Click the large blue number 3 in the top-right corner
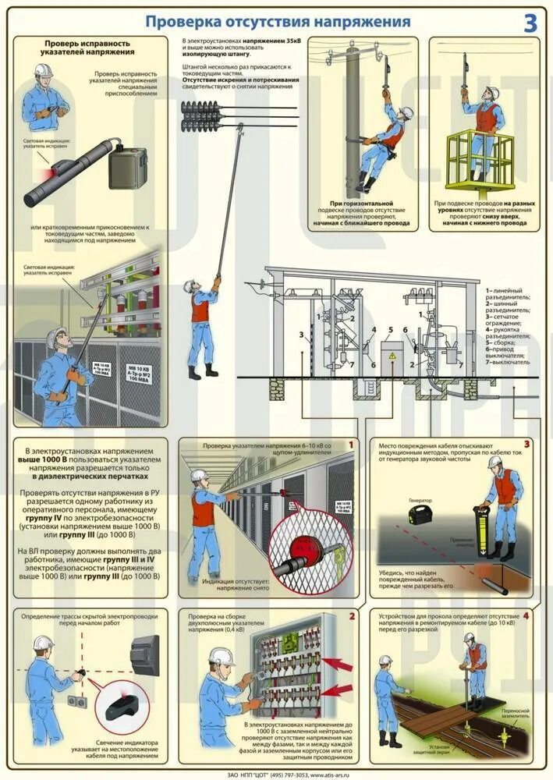(530, 23)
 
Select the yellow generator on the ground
(421, 514)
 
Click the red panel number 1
(350, 445)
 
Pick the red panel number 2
(351, 616)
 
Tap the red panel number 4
(526, 616)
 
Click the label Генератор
(420, 501)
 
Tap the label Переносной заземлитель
(512, 714)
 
